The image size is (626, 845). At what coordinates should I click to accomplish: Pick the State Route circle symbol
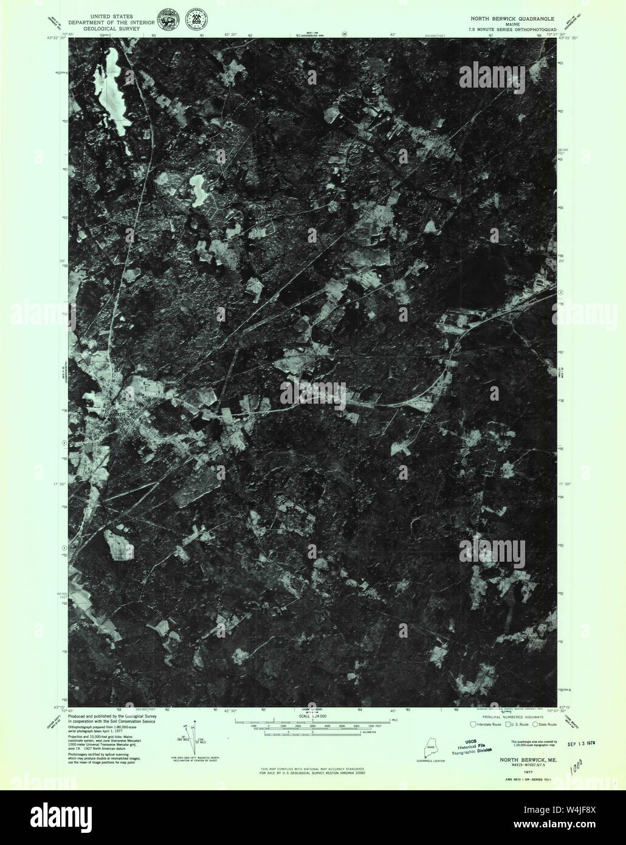click(535, 724)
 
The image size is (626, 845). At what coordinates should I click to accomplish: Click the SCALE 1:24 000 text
click(312, 717)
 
